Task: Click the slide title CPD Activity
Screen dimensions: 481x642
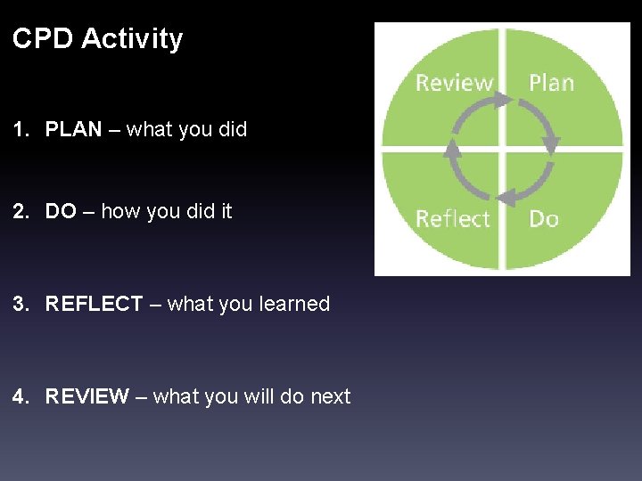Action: (x=97, y=39)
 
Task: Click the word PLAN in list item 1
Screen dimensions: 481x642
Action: (x=73, y=130)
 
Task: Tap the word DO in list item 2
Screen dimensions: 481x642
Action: (x=61, y=212)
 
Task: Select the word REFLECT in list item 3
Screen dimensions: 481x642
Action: (x=94, y=305)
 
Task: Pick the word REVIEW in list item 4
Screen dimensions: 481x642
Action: (x=86, y=397)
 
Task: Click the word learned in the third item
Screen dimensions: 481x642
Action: (x=293, y=305)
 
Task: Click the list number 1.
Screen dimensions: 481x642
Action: (x=19, y=130)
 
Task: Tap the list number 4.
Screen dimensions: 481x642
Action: (x=19, y=397)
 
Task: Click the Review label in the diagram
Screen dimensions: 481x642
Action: (x=454, y=83)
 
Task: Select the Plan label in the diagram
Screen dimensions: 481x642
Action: (x=551, y=83)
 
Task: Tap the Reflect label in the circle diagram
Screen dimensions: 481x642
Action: (x=453, y=218)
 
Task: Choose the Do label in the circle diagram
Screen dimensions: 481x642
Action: (x=544, y=218)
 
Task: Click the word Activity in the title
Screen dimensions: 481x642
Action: (x=134, y=39)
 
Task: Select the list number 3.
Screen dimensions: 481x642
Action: (x=19, y=305)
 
